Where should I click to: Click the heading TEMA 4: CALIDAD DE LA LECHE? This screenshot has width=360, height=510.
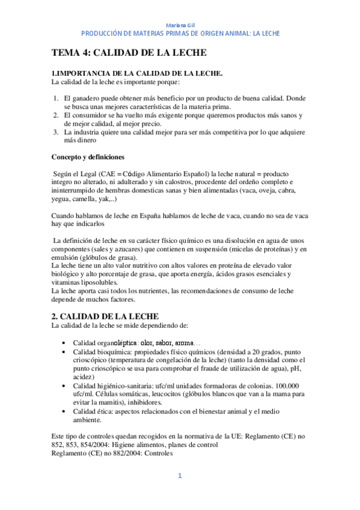(x=129, y=52)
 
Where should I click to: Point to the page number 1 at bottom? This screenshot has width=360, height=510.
(x=179, y=476)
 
